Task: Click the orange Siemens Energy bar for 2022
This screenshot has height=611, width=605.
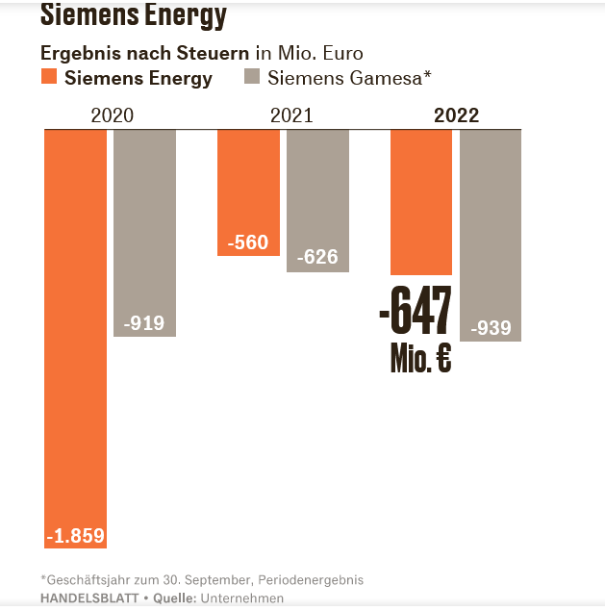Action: click(x=420, y=202)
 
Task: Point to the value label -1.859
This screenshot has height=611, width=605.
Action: click(x=75, y=536)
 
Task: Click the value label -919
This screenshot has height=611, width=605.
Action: click(x=145, y=323)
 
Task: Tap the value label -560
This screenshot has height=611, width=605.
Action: click(x=248, y=242)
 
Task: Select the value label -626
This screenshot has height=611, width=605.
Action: click(x=317, y=258)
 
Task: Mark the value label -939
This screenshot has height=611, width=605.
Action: click(x=491, y=328)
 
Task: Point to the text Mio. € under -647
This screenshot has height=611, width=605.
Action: click(x=420, y=359)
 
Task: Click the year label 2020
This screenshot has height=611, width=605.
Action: click(x=112, y=115)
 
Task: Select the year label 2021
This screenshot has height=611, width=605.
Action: click(x=290, y=115)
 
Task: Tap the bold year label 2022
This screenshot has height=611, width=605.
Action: click(x=456, y=115)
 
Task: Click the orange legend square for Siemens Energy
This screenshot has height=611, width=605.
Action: click(x=49, y=78)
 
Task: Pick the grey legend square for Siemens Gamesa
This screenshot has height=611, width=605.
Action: click(x=254, y=78)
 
